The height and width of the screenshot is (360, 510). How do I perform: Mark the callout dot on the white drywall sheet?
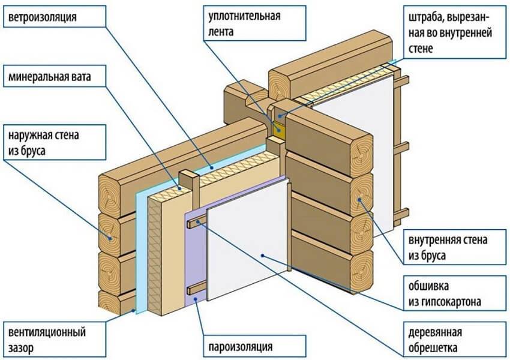tap(263, 256)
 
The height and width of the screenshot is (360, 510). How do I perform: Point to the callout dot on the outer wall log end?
tap(112, 238)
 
